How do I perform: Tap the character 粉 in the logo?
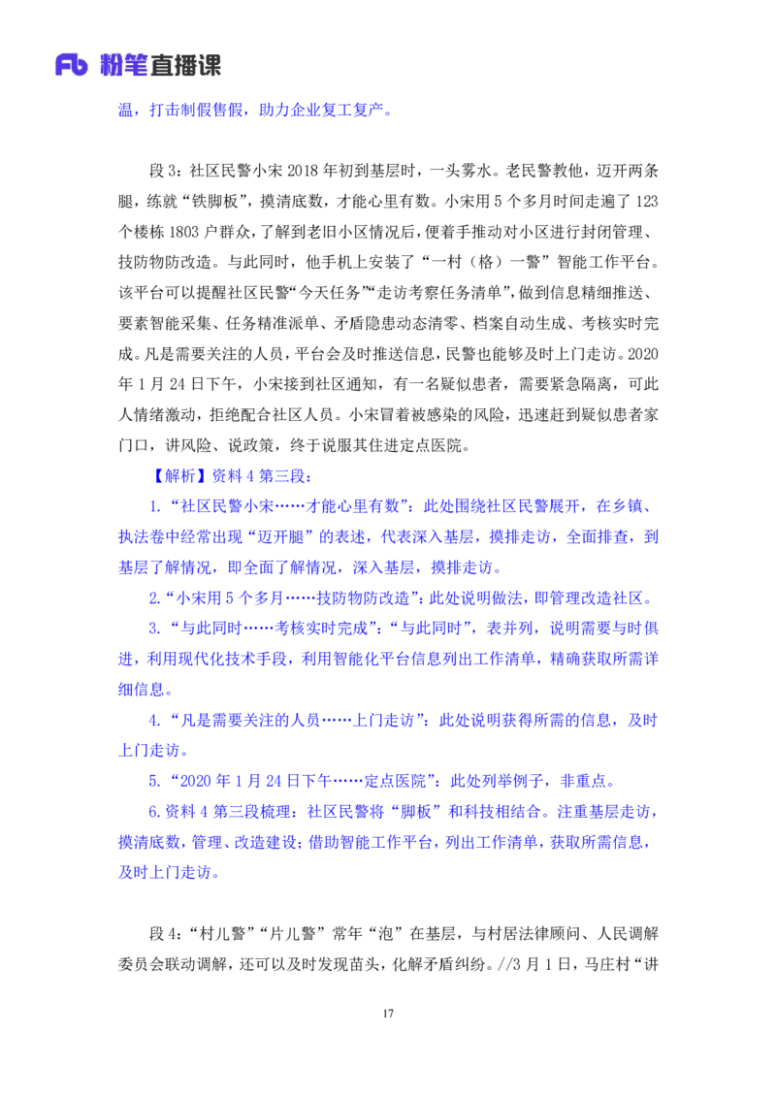point(115,65)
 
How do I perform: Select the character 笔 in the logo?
point(143,65)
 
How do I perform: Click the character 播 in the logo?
point(187,65)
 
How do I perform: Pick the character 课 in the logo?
point(210,65)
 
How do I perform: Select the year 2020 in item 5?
point(192,781)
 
